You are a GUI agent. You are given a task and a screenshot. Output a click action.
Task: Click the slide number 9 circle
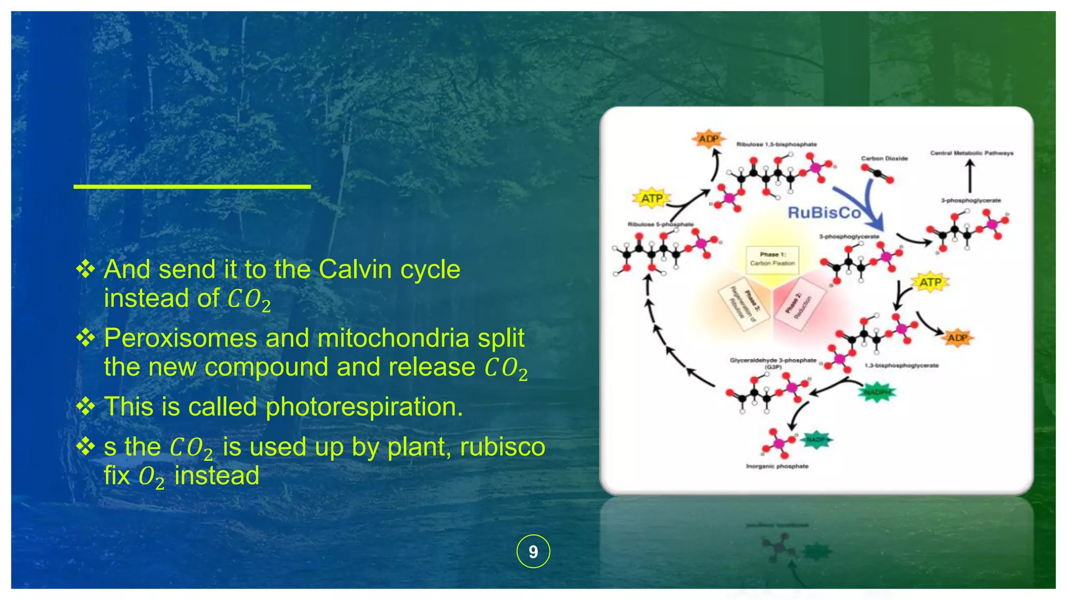pos(533,551)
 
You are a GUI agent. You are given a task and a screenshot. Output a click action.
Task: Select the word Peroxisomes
pos(180,339)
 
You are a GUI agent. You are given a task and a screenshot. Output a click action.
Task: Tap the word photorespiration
pos(364,407)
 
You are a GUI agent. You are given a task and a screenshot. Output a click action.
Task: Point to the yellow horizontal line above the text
pos(192,186)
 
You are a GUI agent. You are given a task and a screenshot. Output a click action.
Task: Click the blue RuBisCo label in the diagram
pos(824,213)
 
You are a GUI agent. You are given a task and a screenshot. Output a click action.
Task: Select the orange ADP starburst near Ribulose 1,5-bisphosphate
pos(708,139)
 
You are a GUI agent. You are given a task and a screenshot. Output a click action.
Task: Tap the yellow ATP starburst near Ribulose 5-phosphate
pos(652,198)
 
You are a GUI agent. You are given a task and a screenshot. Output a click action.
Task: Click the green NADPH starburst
pos(877,392)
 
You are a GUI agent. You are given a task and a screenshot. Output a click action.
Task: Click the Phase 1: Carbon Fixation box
pos(772,259)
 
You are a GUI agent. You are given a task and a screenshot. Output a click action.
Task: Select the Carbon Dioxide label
pos(884,158)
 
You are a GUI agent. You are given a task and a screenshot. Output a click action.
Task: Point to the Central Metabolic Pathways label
pos(972,153)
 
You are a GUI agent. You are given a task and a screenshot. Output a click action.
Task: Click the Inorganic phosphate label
pos(777,466)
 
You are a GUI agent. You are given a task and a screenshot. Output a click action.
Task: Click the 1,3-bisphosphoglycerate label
pos(901,366)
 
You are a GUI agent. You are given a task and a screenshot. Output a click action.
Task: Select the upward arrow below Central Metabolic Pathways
pos(970,176)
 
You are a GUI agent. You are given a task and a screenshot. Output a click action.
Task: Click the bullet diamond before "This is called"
pos(85,406)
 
